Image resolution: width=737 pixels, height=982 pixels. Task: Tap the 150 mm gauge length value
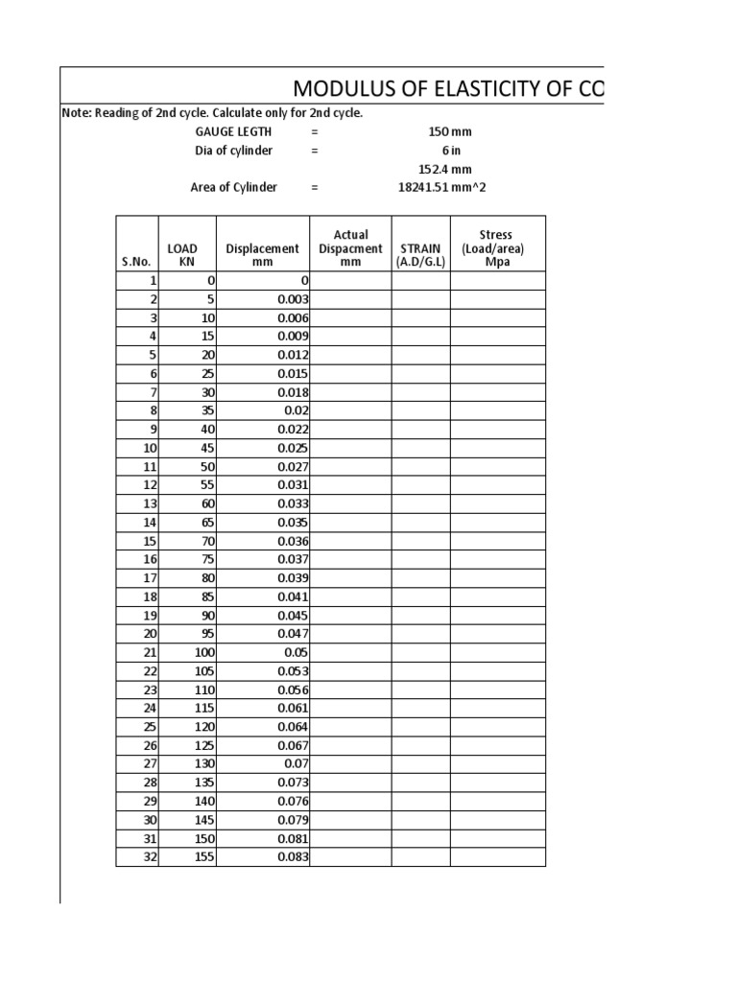coord(450,132)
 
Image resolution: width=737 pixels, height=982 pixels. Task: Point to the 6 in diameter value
coord(452,151)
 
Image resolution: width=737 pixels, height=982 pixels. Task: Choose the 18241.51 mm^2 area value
coord(441,188)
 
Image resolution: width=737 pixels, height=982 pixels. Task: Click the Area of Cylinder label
coord(233,188)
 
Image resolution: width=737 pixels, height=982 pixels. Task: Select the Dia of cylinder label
coord(233,151)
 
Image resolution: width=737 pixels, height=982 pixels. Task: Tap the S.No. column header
coord(136,262)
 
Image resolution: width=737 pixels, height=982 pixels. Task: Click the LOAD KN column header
coord(182,255)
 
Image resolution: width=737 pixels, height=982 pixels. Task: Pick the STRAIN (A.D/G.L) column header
coord(420,255)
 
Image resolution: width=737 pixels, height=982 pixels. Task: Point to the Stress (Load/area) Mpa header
coord(497,248)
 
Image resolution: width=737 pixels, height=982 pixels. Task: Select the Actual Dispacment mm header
coord(350,248)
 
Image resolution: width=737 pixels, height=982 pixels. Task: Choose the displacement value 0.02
coord(296,410)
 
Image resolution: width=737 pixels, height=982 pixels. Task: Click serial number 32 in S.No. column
coord(149,857)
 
